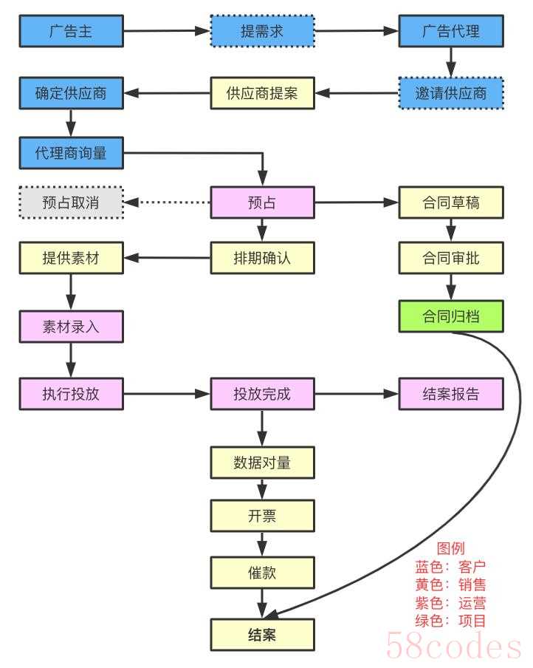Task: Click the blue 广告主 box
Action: pos(71,31)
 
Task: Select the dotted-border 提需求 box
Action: pos(262,31)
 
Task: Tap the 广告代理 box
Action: pos(450,31)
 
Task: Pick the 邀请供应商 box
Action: pos(450,93)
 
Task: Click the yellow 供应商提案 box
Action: pos(262,93)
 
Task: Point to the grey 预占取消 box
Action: pos(71,202)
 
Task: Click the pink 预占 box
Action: pos(262,202)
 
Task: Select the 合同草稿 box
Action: pos(450,202)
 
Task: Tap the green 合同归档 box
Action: pos(450,316)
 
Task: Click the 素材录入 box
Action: pos(71,327)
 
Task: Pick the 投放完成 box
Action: pos(262,394)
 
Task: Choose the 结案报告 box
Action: pos(450,394)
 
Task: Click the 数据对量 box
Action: pos(262,463)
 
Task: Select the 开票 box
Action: pos(262,515)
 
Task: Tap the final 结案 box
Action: pos(262,634)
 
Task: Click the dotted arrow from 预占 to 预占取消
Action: pos(168,202)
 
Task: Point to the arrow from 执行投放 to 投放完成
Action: pos(167,394)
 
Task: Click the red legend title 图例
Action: pos(450,549)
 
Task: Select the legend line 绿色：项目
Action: pos(450,621)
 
